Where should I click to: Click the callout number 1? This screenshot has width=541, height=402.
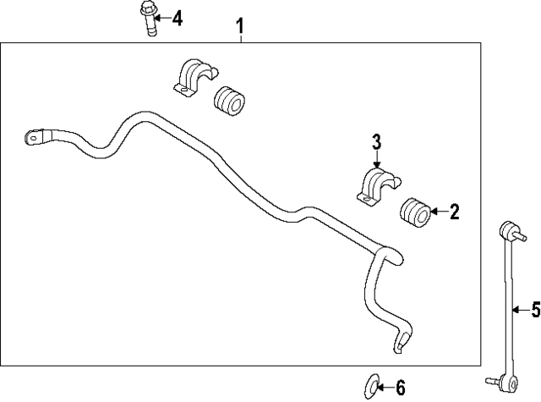240,26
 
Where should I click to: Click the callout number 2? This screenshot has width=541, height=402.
455,212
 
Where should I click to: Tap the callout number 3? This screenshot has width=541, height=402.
376,142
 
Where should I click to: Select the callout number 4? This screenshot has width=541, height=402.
177,18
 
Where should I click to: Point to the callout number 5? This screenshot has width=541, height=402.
535,310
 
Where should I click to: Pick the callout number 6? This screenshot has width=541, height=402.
400,388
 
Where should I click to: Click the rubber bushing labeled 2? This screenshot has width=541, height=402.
415,212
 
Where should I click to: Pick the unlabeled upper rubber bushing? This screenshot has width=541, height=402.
230,101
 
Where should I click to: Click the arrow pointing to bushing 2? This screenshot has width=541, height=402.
439,212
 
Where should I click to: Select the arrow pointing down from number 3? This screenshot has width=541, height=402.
376,159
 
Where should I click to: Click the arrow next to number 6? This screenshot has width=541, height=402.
386,388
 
